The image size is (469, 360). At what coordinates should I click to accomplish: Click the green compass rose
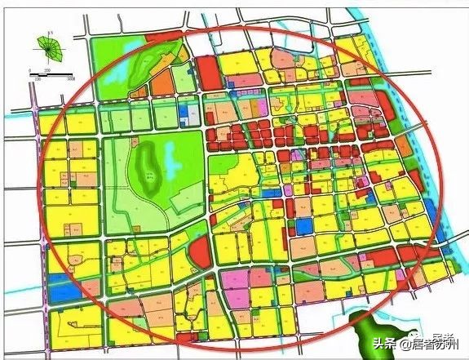(51, 50)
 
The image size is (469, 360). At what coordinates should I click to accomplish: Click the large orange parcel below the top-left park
(162, 82)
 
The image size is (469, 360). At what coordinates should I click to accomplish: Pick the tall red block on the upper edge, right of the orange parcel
(208, 73)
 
